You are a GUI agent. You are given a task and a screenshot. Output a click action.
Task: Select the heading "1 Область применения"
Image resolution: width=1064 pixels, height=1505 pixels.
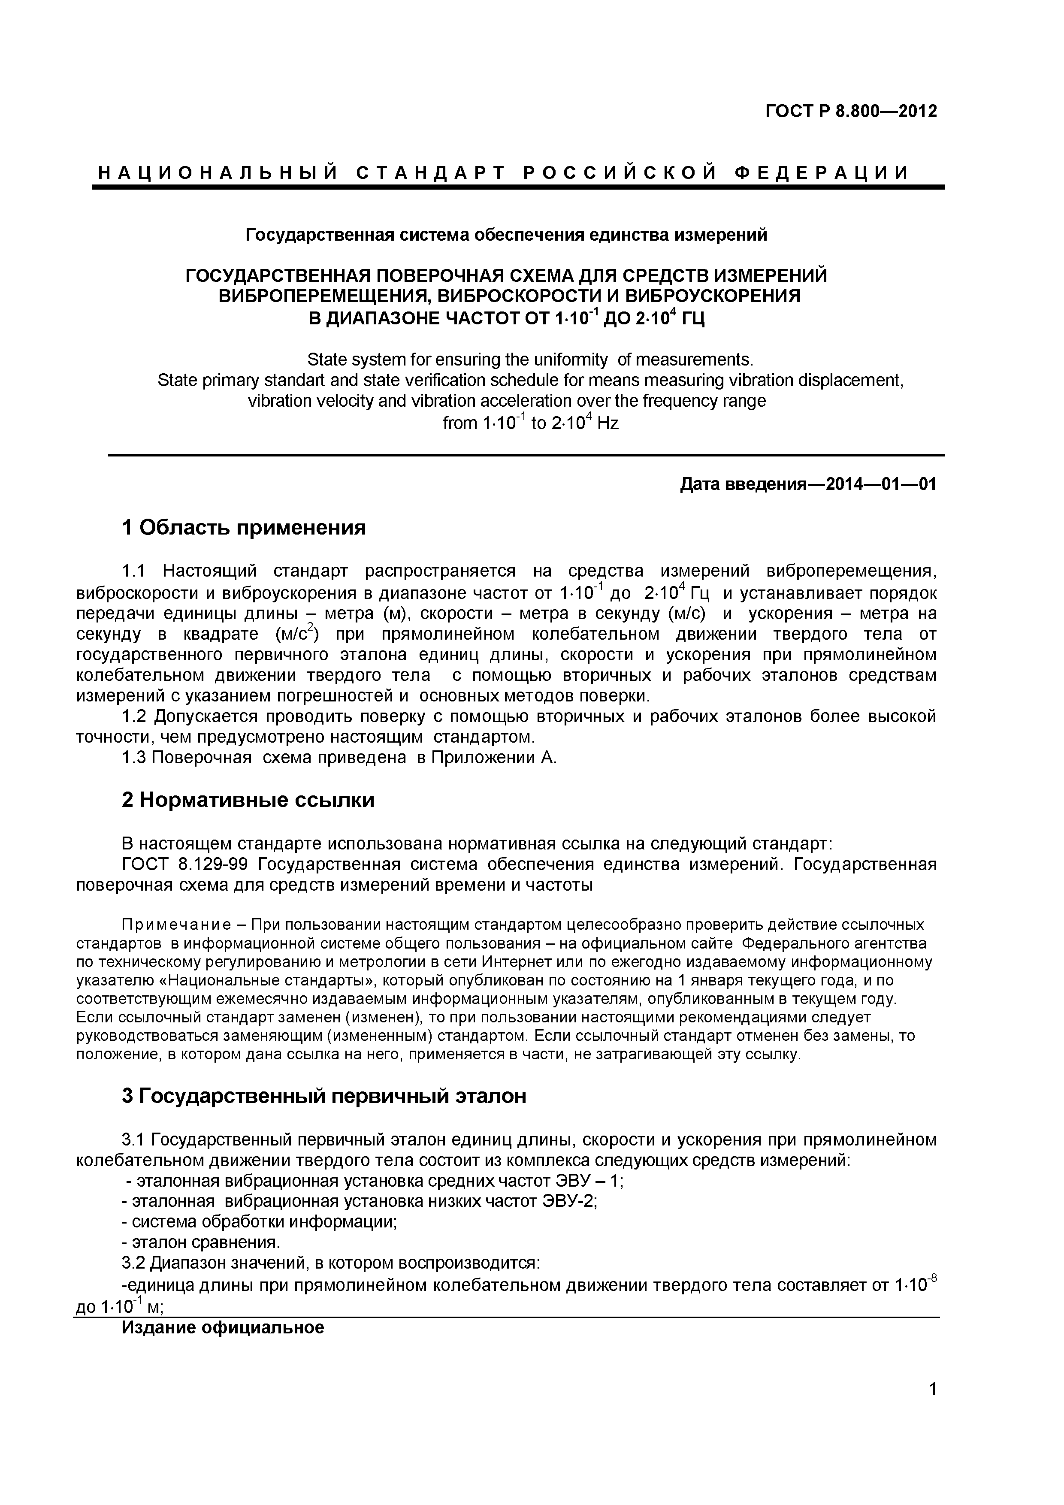click(x=244, y=527)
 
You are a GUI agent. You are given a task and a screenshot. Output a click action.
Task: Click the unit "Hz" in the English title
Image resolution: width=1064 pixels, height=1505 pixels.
click(x=608, y=423)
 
